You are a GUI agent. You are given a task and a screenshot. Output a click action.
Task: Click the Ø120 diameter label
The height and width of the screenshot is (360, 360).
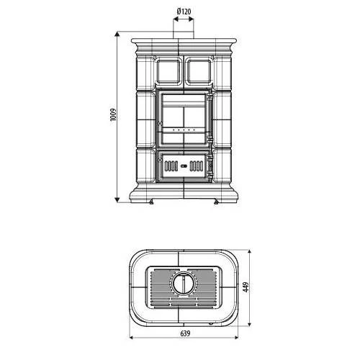pyautogui.click(x=184, y=12)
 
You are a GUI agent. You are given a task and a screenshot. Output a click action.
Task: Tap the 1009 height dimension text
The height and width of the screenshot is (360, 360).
pyautogui.click(x=113, y=115)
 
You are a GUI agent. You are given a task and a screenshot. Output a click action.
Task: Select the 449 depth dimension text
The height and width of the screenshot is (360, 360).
pyautogui.click(x=246, y=287)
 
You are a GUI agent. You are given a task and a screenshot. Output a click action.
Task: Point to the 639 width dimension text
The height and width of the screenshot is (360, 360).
pyautogui.click(x=185, y=333)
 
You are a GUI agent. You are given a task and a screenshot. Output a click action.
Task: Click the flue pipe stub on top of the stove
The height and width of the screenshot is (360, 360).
pyautogui.click(x=184, y=35)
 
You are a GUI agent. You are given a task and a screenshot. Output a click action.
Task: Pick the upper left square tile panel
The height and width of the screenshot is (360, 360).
pyautogui.click(x=168, y=71)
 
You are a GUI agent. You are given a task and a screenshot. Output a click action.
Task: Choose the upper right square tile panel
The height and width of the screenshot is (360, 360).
pyautogui.click(x=199, y=71)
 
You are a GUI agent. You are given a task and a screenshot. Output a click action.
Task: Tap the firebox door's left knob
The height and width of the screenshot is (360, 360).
pyautogui.click(x=160, y=123)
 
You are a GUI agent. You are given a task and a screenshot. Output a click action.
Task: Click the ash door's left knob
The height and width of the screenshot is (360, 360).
pyautogui.click(x=160, y=160)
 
